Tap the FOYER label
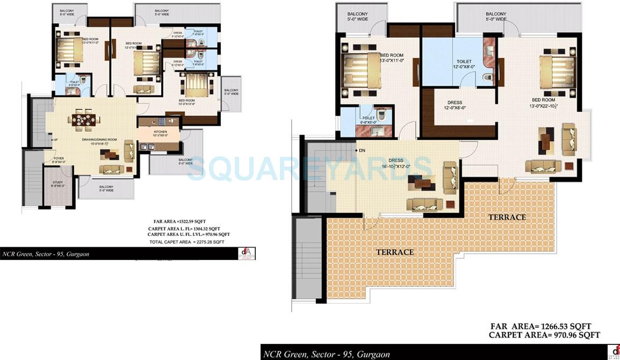click(x=59, y=160)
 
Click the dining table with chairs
click(x=85, y=120)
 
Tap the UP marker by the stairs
click(x=55, y=140)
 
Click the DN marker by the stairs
click(x=362, y=150)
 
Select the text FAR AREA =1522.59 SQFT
click(x=177, y=221)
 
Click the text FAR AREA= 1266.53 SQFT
click(x=542, y=326)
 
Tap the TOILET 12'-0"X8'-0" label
click(x=464, y=64)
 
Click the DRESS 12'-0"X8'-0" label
click(x=455, y=105)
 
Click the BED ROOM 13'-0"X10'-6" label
click(x=186, y=102)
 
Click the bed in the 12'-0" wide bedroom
click(x=147, y=63)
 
